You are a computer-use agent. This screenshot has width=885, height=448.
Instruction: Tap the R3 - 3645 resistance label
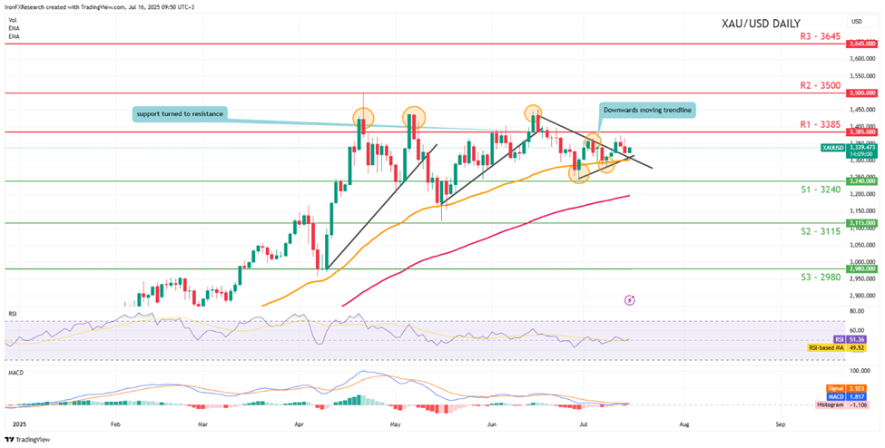point(811,35)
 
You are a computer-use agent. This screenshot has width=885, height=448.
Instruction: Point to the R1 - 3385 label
point(811,124)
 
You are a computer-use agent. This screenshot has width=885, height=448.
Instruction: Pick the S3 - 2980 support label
point(811,278)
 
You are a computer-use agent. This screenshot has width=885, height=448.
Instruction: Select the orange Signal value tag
point(854,388)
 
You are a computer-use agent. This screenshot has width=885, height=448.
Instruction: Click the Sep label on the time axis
point(780,424)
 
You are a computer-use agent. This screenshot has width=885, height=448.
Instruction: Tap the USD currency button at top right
point(856,21)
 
